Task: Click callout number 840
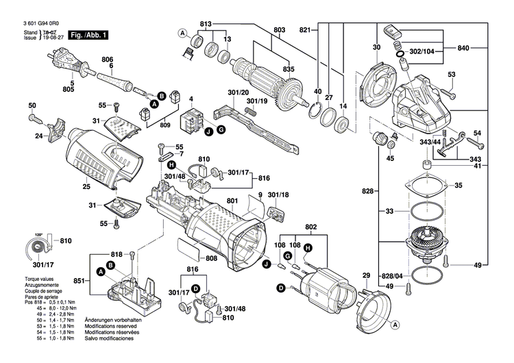[463, 49]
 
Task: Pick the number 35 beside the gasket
[458, 185]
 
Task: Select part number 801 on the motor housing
[232, 201]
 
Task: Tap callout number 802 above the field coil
[310, 226]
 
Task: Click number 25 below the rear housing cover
[86, 186]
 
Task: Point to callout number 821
[305, 29]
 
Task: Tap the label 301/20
[238, 92]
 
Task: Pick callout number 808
[210, 258]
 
